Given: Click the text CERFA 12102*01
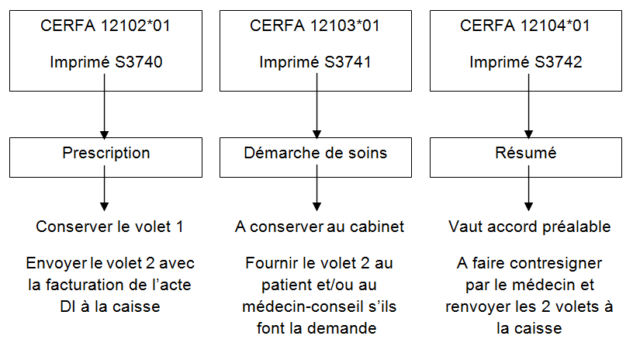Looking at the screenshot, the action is tap(105, 26).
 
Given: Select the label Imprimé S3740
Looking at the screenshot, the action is tap(106, 62).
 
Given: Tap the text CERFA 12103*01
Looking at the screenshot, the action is tap(315, 26).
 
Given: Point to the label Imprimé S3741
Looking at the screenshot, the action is tap(315, 62).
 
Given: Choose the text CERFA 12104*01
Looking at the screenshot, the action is tap(525, 26).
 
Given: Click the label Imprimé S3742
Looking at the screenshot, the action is tap(526, 62).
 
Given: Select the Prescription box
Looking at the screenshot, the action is tap(105, 157).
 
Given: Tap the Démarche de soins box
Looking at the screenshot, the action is tap(316, 157).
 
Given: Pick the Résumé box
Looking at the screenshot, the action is tap(526, 157).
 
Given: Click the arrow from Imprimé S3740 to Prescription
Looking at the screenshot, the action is tap(104, 106).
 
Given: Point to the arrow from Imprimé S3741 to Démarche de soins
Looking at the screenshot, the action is tap(317, 106).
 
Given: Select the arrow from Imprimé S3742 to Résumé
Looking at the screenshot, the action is tap(528, 106).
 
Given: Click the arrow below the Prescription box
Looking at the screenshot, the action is tap(104, 188).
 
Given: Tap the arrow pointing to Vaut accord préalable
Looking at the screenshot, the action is tap(528, 188).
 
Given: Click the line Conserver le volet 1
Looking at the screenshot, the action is tap(109, 227).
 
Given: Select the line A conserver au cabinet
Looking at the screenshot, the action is tap(320, 227).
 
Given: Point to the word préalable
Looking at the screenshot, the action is tap(576, 227).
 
